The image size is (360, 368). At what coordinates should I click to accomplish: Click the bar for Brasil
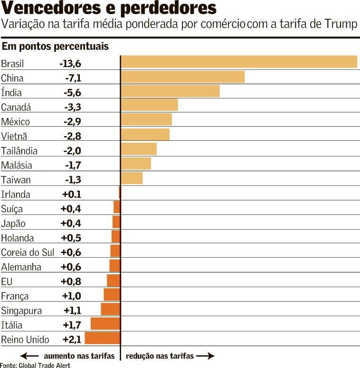tap(239, 62)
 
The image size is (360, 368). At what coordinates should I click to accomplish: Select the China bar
tap(183, 77)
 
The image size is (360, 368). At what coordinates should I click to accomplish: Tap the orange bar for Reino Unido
tap(102, 338)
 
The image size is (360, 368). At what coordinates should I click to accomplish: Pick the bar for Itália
tap(105, 324)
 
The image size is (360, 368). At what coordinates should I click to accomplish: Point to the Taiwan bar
tap(132, 178)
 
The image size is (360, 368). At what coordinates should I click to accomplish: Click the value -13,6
tap(70, 64)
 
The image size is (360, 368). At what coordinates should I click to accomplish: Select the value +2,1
tap(72, 339)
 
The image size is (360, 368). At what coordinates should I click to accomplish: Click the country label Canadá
tap(16, 107)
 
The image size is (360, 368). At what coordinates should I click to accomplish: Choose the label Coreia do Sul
tap(28, 252)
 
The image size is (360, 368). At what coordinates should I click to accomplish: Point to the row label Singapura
tap(21, 310)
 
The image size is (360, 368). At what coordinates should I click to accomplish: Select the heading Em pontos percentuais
tap(56, 47)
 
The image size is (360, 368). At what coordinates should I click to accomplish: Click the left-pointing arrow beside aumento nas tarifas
tap(29, 356)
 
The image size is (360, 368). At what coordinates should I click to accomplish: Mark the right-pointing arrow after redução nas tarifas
tap(205, 356)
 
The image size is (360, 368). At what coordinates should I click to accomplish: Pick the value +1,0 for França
tap(72, 296)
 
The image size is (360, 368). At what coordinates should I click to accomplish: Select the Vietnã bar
tap(145, 135)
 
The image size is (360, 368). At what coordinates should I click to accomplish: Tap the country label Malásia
tap(17, 165)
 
